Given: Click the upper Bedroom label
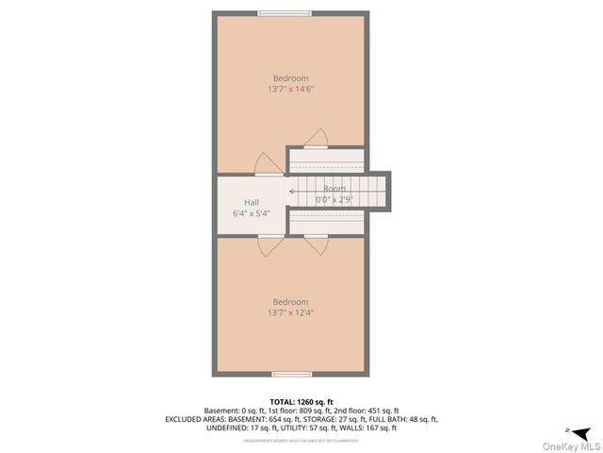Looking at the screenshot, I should coord(290,78).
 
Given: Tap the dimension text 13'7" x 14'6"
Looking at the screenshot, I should coord(290,90).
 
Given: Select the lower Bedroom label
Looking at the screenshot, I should coord(290,302).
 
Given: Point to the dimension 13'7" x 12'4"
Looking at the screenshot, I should coord(290,313).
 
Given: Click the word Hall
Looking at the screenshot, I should coord(252,202).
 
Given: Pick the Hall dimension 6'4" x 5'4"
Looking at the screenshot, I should coord(252,213).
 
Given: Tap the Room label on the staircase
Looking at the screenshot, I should coord(334,189).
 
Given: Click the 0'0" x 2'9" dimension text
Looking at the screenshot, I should coord(334,200).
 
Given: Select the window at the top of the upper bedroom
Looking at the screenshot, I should coord(286,12).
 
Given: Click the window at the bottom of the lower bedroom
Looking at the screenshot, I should coord(286,375).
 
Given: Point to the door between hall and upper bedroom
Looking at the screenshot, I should coord(269,166).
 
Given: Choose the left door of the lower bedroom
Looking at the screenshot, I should coord(269,244).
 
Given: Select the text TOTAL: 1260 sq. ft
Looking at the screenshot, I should coord(301,401).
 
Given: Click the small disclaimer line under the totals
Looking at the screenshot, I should coord(301,440).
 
